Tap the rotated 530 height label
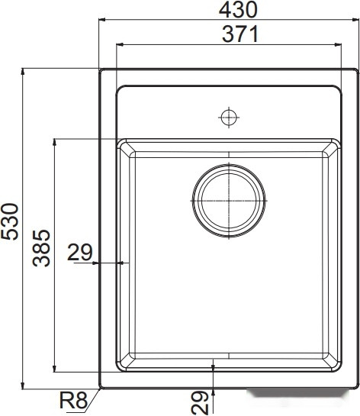point(9,221)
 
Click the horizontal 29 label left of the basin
point(79,251)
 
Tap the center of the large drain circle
point(229,199)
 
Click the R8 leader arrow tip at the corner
point(102,386)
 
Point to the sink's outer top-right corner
point(357,69)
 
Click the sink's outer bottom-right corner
point(357,387)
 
